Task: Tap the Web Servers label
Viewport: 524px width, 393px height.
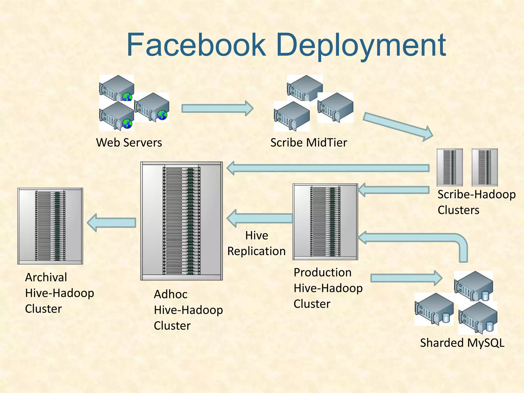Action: pos(129,143)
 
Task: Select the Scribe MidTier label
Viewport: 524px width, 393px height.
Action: pos(309,143)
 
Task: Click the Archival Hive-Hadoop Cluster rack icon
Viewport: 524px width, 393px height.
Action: pos(50,226)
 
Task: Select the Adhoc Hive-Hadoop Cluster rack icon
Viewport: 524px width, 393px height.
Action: pos(181,221)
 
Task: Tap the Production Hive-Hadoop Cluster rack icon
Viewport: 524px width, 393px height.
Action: pos(325,222)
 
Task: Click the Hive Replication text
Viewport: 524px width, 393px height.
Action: pos(256,243)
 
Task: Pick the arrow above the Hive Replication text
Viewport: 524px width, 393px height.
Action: pos(260,218)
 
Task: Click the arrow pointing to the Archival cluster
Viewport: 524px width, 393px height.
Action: pos(112,223)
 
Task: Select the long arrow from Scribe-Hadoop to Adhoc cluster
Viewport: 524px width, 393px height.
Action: pos(327,168)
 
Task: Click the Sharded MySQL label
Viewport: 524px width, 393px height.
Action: pos(462,343)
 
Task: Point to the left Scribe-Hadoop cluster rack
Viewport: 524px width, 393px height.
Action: pos(450,167)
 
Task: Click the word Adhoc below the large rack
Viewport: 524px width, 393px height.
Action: pos(170,294)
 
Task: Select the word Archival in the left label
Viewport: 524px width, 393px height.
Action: pos(46,277)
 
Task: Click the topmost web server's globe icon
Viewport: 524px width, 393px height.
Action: pos(127,97)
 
